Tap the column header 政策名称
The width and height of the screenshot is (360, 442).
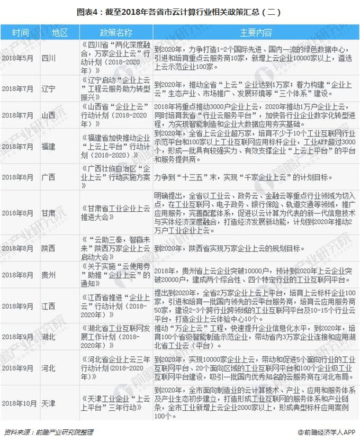pyautogui.click(x=114, y=32)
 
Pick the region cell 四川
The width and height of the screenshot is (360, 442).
pyautogui.click(x=48, y=57)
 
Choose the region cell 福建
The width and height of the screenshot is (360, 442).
pyautogui.click(x=48, y=146)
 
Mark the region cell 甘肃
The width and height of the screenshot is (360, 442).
pyautogui.click(x=48, y=213)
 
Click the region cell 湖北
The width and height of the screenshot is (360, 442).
pyautogui.click(x=48, y=337)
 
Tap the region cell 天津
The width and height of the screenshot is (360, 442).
pyautogui.click(x=48, y=403)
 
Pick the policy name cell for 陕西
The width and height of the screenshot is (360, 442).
pyautogui.click(x=114, y=248)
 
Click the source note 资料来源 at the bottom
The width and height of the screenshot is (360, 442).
pyautogui.click(x=48, y=432)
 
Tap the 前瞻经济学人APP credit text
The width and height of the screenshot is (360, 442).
pyautogui.click(x=325, y=432)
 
